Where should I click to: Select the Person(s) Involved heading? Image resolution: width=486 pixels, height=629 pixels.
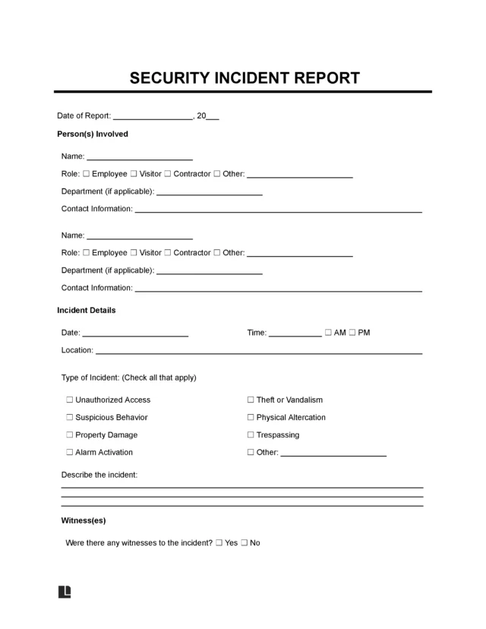93,134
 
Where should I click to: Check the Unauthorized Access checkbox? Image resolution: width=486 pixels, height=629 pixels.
69,400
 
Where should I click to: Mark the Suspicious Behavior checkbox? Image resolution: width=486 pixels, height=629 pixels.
69,417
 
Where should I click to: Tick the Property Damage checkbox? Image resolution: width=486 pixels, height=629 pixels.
69,435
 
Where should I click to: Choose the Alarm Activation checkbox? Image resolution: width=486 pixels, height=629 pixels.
69,453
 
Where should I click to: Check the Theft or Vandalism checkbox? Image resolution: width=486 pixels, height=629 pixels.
251,400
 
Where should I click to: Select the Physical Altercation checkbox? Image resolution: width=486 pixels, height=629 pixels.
251,417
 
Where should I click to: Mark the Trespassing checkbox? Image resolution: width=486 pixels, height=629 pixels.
251,435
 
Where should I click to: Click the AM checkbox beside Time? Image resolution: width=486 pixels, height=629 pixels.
327,333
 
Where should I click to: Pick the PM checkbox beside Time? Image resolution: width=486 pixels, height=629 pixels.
352,333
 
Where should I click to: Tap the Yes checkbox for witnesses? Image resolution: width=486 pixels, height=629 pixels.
219,543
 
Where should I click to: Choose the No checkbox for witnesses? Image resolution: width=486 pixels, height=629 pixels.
244,543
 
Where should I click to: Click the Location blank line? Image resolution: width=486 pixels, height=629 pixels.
258,351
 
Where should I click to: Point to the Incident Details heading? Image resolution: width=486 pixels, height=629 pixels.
87,310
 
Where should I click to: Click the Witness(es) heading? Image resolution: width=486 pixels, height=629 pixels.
83,521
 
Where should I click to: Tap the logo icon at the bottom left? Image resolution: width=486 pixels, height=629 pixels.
64,592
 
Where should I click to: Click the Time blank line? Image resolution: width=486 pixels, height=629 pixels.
295,333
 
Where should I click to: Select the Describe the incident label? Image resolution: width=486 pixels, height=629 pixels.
99,475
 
